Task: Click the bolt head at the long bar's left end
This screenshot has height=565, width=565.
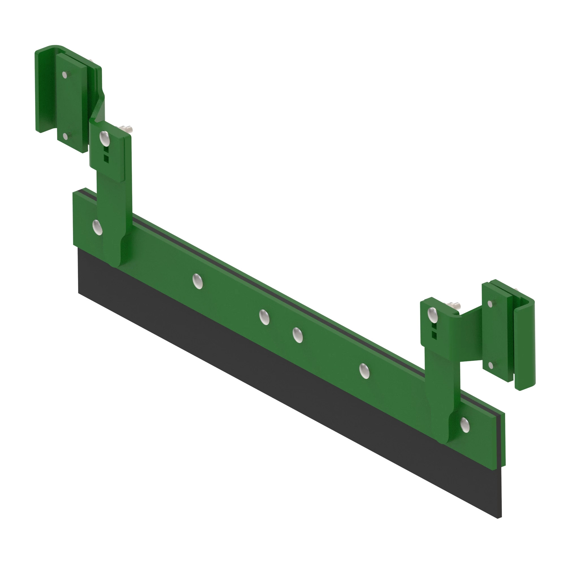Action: (97, 227)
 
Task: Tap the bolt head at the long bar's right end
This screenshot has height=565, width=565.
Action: (465, 425)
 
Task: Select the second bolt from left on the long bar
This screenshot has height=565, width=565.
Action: (198, 281)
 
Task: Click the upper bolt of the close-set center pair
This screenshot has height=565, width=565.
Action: (264, 317)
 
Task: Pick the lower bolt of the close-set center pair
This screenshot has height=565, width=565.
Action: (298, 335)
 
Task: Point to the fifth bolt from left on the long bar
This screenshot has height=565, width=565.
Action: (364, 371)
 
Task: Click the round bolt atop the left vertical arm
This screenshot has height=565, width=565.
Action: (104, 138)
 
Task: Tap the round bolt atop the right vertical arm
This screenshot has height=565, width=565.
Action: (432, 314)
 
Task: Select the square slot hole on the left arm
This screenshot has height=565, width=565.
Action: (106, 159)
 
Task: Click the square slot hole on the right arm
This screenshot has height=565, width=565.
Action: (434, 335)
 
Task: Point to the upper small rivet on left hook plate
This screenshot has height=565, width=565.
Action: (65, 75)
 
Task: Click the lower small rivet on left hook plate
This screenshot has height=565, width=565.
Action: (65, 136)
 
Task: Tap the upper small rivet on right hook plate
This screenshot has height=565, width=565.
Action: (490, 304)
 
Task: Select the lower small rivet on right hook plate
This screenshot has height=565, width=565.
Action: (491, 365)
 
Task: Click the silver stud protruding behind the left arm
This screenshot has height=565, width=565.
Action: (127, 129)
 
